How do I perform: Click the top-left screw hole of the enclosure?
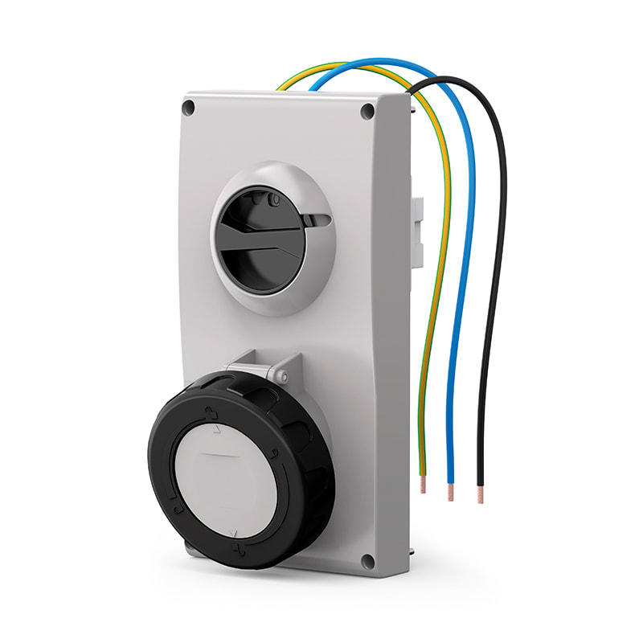tap(190, 106)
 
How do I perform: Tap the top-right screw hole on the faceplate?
tap(367, 112)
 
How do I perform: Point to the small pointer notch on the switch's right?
tap(320, 219)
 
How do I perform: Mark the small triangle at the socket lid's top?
tap(215, 431)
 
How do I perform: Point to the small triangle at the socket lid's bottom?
tap(234, 531)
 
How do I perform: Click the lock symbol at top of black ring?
tap(211, 415)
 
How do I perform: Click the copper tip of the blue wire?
tap(451, 493)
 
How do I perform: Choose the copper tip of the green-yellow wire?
tap(424, 484)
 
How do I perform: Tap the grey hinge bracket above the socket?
tap(257, 369)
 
